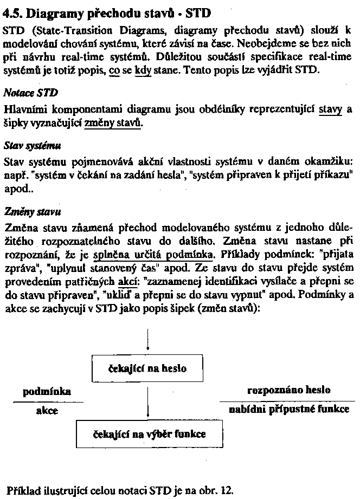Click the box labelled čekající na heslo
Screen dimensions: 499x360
(x=147, y=368)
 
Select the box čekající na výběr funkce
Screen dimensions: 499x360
(x=147, y=434)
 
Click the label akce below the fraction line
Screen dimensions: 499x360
(x=47, y=411)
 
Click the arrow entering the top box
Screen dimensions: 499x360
(x=147, y=341)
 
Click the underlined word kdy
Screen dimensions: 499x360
(x=143, y=72)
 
